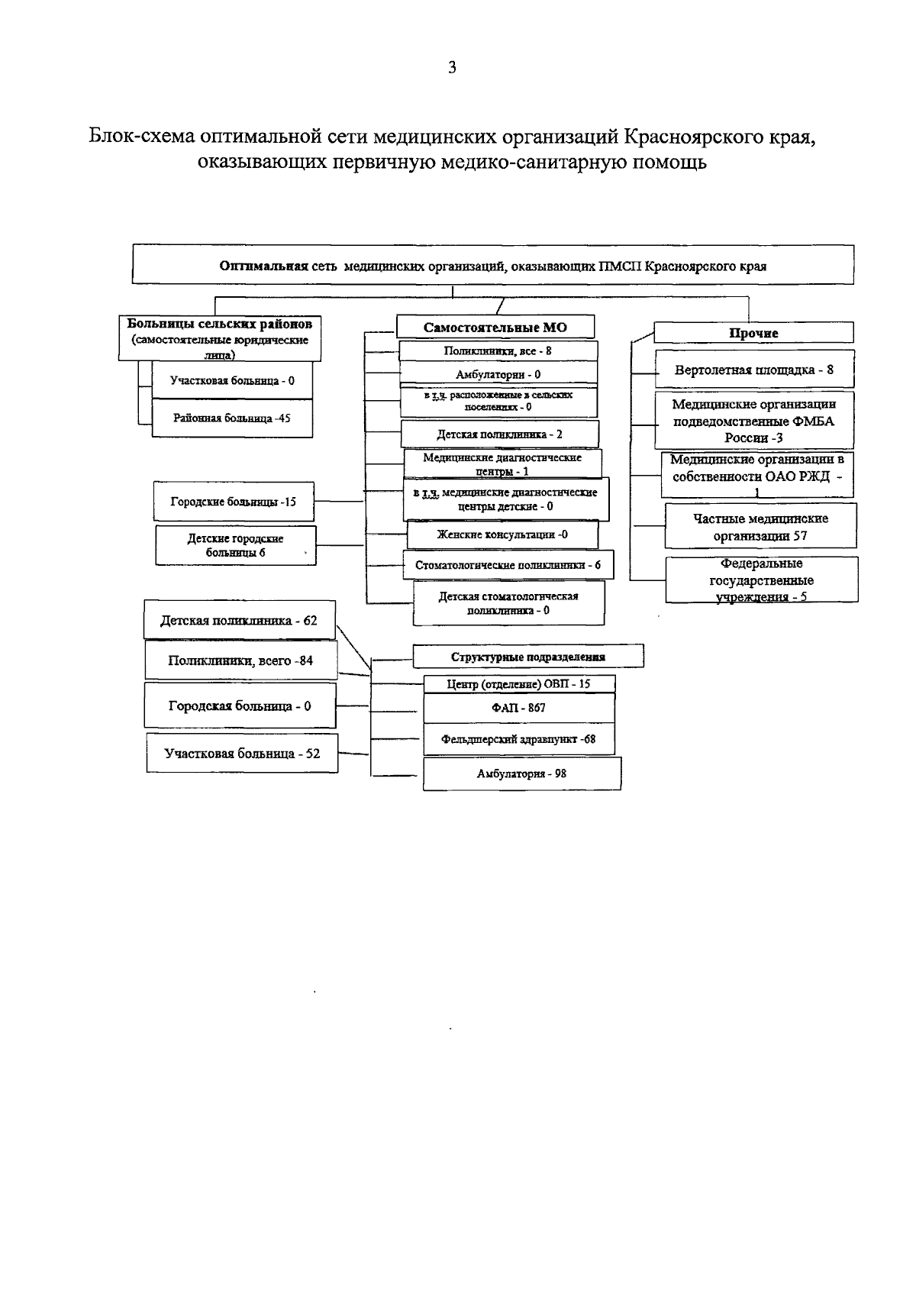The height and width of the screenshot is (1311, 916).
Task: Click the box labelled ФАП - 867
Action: [518, 708]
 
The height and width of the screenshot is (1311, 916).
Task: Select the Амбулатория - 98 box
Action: [521, 773]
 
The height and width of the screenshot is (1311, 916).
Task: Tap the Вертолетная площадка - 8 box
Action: [753, 370]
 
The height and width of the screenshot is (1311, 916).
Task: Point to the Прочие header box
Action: [753, 333]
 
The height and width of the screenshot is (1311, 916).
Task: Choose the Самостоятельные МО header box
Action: [495, 327]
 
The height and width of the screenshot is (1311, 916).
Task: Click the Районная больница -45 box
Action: [232, 418]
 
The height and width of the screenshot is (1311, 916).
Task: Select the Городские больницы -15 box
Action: [234, 502]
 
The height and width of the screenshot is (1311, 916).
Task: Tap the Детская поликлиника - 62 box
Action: [239, 621]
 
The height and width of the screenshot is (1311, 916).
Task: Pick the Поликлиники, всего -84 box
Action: [240, 660]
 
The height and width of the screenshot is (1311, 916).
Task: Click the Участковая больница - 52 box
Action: [242, 754]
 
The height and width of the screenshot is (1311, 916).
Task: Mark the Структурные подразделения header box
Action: [527, 657]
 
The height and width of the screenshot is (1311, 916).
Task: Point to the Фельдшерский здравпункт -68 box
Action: [518, 739]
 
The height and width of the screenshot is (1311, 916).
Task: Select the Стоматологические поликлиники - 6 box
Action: [508, 565]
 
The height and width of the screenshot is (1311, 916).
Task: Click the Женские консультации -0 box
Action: [502, 534]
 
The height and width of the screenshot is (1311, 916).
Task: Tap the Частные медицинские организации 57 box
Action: [760, 527]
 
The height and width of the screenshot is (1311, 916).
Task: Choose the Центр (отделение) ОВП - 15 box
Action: [518, 684]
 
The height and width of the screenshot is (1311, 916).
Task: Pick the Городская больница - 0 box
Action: [240, 706]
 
